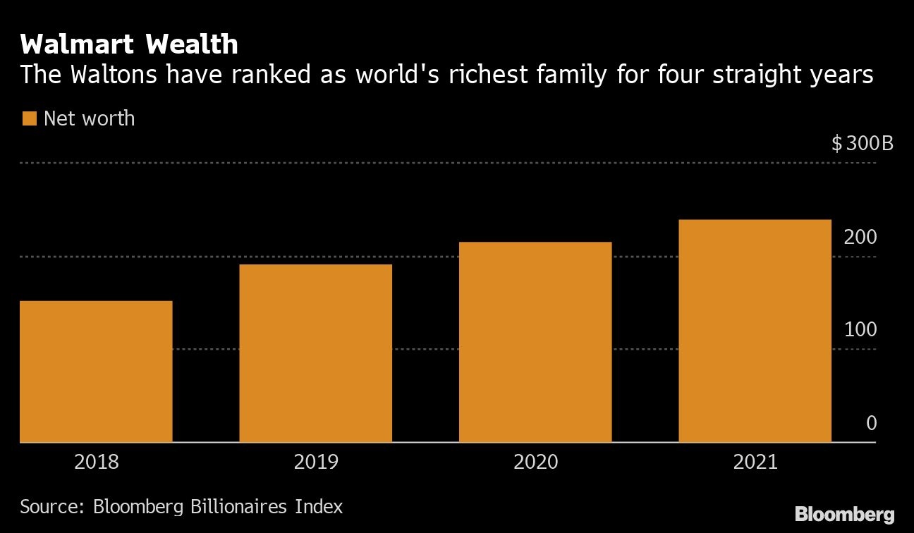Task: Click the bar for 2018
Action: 96,372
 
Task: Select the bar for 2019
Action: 315,353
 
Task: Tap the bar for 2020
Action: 535,342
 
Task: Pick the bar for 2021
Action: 755,331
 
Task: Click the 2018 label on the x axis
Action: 97,462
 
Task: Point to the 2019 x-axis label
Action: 316,462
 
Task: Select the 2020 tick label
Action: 535,462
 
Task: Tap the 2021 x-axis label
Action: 755,462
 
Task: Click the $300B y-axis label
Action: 862,145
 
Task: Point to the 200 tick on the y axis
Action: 860,238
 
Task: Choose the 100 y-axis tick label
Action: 860,330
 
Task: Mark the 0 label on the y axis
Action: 871,423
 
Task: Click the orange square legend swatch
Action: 29,118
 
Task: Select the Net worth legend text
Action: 89,118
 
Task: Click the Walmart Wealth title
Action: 129,45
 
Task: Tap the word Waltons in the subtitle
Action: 113,75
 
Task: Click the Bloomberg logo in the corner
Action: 844,515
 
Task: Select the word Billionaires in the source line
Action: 240,506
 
